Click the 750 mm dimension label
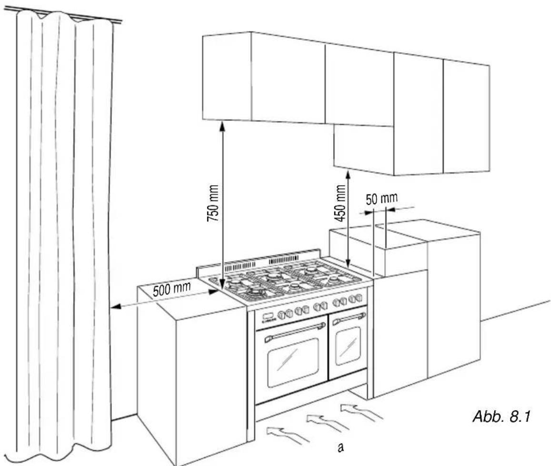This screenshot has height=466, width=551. [213, 203]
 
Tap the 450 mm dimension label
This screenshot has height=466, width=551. [340, 203]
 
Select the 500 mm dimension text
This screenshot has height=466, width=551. [172, 288]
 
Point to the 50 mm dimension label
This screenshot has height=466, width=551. [381, 199]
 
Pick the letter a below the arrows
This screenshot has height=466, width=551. [340, 447]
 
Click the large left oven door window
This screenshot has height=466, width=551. [293, 362]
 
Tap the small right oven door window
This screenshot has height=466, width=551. [348, 346]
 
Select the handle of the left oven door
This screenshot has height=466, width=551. [295, 332]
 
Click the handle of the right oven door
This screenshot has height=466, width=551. [349, 318]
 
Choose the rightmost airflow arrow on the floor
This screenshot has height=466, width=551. [361, 412]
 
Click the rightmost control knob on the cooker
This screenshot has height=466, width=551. [359, 298]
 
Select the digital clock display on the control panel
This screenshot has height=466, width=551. [268, 316]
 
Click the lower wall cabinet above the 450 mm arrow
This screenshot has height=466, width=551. [364, 149]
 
